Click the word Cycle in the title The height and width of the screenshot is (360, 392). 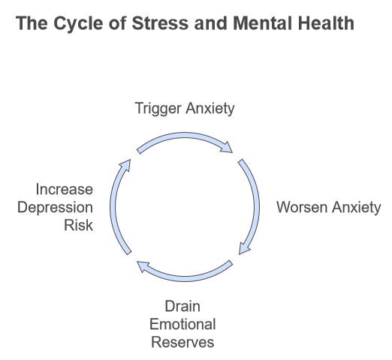click(78, 24)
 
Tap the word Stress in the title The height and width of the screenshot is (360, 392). click(160, 23)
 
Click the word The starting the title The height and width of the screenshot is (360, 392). click(32, 23)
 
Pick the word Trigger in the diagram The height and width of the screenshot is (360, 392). click(158, 109)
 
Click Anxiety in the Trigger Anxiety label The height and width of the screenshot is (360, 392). click(210, 109)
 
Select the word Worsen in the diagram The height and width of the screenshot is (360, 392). click(302, 207)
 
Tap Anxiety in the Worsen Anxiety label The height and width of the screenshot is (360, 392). click(357, 208)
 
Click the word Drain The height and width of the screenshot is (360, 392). click(182, 306)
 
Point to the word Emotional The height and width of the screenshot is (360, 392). click(182, 324)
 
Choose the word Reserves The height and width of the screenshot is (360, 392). click(182, 342)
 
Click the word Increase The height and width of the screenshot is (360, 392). click(65, 189)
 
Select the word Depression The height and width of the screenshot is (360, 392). click(55, 208)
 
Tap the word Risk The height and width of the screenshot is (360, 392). click(79, 225)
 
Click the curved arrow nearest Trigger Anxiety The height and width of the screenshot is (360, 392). click(185, 135)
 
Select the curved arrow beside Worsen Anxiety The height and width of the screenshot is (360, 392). click(257, 206)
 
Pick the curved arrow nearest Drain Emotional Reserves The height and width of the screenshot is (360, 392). click(185, 279)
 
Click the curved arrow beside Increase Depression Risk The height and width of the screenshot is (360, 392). click(113, 206)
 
